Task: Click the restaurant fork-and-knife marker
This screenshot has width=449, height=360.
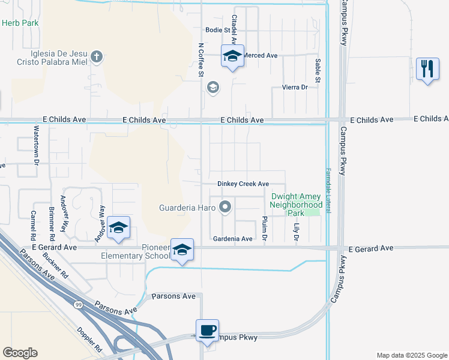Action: [427, 69]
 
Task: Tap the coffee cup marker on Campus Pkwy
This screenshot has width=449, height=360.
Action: [208, 331]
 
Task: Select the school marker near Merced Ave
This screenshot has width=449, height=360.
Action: [232, 57]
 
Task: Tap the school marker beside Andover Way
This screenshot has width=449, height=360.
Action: [119, 228]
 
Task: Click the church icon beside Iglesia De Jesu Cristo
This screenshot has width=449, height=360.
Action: [97, 58]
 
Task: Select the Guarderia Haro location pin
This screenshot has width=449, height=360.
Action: [225, 208]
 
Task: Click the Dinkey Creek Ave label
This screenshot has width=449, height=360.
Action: [243, 184]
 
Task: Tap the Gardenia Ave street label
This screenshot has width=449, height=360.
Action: [233, 239]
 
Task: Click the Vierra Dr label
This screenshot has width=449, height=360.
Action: [295, 87]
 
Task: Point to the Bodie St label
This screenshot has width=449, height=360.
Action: [218, 29]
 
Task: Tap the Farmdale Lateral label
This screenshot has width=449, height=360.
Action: [328, 190]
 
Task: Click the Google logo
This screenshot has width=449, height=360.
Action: [20, 353]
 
